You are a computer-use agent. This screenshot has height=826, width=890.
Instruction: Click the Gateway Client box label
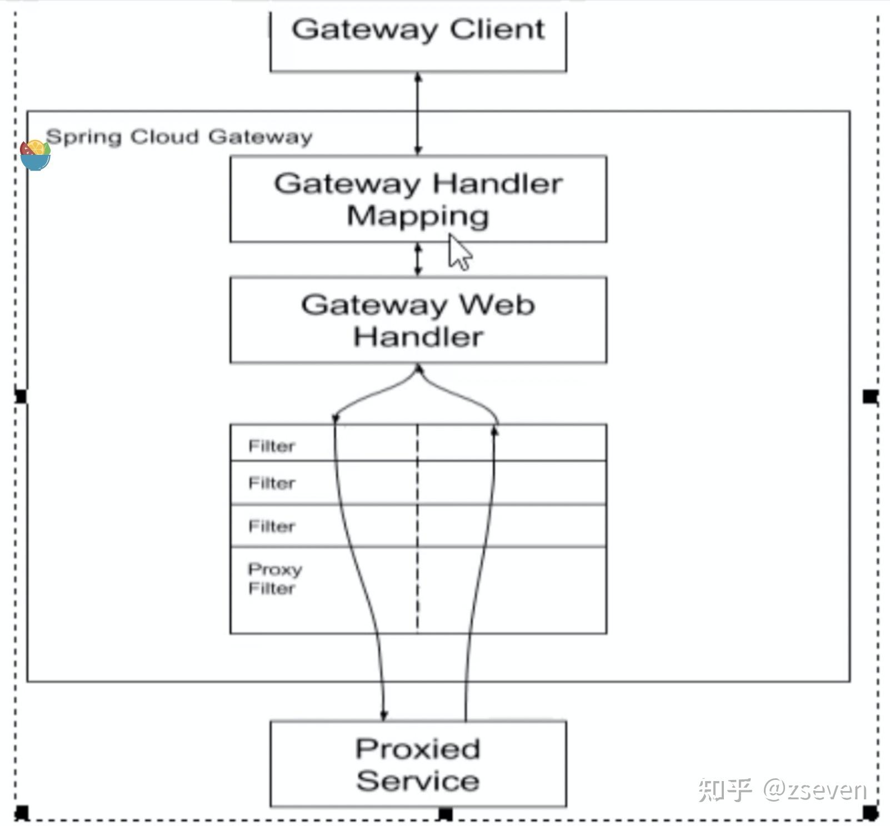(418, 29)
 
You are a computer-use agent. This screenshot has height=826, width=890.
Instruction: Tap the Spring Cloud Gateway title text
(179, 137)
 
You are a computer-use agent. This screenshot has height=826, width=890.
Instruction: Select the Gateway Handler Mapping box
(418, 199)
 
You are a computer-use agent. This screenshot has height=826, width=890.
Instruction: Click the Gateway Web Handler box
(418, 320)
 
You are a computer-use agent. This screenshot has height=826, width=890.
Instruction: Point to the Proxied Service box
(418, 764)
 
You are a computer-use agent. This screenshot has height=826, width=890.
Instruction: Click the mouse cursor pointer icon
(459, 253)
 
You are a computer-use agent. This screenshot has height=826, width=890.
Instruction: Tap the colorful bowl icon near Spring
(35, 155)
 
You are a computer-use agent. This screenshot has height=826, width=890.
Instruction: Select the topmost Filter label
(271, 446)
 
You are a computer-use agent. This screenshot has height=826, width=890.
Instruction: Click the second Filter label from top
(271, 483)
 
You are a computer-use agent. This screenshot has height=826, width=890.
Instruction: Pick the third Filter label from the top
(271, 526)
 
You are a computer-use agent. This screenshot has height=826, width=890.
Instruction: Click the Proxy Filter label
(274, 578)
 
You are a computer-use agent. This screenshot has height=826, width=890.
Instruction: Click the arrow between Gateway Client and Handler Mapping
(418, 114)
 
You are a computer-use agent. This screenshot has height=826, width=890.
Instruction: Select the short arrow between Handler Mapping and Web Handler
(418, 260)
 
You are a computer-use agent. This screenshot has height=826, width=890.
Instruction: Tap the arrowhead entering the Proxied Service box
(384, 714)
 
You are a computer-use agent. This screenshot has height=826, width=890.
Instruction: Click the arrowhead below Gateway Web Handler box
(419, 369)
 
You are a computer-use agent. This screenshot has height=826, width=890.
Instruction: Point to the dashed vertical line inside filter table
(418, 527)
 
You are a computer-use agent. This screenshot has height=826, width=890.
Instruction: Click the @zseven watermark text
(815, 789)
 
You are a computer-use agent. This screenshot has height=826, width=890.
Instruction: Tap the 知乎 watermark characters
(725, 789)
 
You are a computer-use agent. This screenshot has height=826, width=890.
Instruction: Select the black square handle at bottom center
(445, 814)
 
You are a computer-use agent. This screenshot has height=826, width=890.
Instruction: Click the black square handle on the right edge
(870, 396)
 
